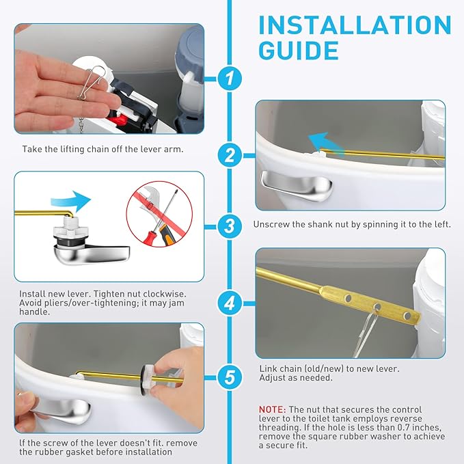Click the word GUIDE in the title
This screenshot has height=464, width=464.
299,51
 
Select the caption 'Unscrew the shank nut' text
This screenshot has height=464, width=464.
352,224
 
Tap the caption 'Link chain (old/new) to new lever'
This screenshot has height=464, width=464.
329,368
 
